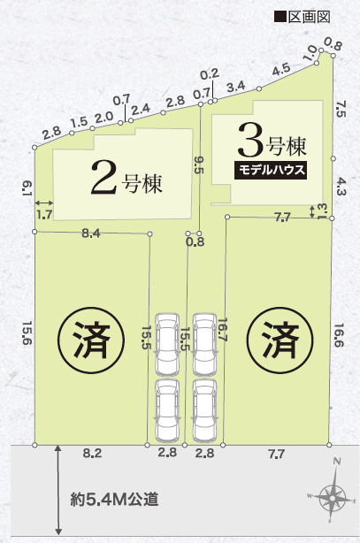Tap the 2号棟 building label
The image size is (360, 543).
pyautogui.click(x=129, y=176)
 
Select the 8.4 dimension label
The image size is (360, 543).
pyautogui.click(x=91, y=234)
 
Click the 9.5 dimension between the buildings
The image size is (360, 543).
pyautogui.click(x=199, y=164)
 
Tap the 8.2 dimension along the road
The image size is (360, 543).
pyautogui.click(x=92, y=453)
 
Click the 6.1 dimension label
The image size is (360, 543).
pyautogui.click(x=27, y=187)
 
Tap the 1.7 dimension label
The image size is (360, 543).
pyautogui.click(x=44, y=214)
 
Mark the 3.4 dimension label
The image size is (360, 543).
pyautogui.click(x=236, y=87)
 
